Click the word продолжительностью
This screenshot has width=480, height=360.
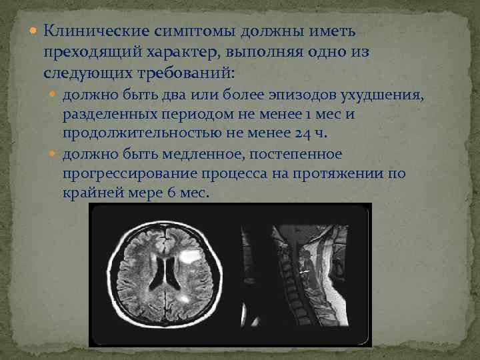tap(145, 134)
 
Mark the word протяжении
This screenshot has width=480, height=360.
tap(341, 173)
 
